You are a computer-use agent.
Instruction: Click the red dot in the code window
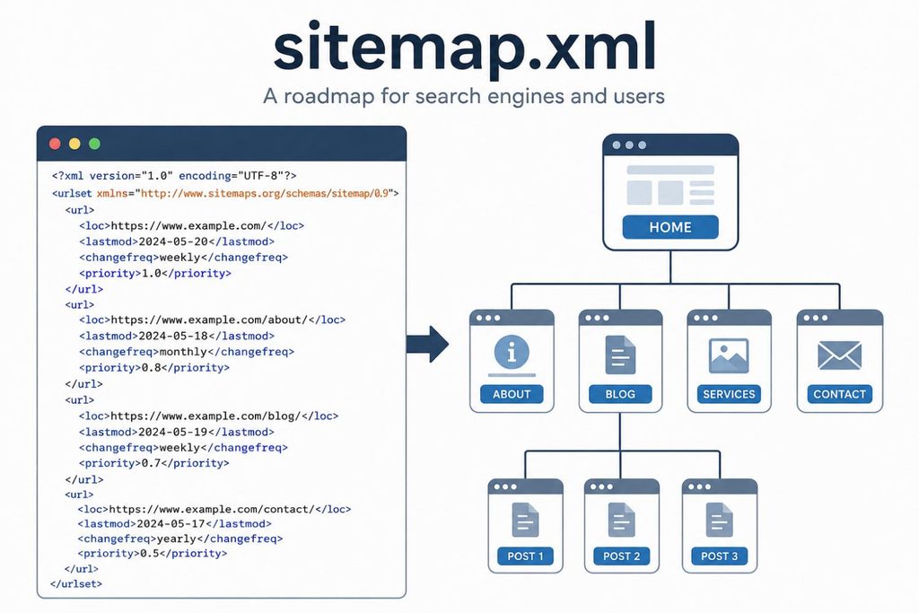pos(55,144)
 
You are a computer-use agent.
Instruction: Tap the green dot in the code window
pos(94,144)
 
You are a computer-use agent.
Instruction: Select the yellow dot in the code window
pos(75,144)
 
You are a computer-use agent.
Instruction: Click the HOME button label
pos(670,227)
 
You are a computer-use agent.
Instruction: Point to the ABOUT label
pos(511,394)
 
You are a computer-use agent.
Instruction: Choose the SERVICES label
pos(729,394)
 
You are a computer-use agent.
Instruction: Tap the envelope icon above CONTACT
pos(839,355)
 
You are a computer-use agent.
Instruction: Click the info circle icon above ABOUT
pos(512,353)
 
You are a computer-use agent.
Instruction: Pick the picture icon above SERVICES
pos(729,355)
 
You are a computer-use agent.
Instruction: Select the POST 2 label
pos(621,556)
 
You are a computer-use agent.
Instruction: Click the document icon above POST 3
pos(719,520)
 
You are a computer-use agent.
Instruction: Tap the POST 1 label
pos(525,556)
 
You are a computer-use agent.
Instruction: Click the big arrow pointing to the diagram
pos(428,344)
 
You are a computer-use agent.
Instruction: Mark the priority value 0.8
pos(151,367)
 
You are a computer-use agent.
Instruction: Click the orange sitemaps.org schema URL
pos(265,193)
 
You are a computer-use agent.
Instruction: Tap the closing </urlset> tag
pos(76,583)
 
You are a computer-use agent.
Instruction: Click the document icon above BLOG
pos(620,355)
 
